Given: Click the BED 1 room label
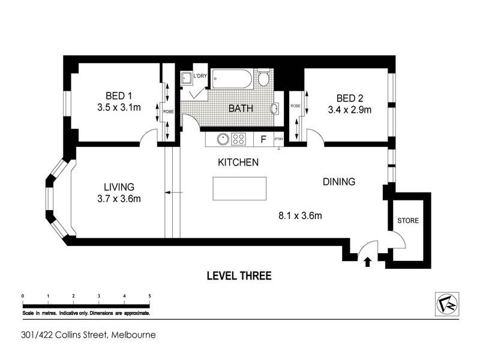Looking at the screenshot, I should coord(118,96).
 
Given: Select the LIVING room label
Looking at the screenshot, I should coord(118,187).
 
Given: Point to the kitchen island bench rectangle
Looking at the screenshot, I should coord(240,190).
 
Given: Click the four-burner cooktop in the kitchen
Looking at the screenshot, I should coord(239,139).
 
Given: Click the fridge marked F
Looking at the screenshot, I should coord(262,139).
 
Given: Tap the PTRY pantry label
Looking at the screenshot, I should coord(278,139).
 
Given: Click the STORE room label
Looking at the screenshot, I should coord(407,221).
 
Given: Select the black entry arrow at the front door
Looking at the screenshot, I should coord(368,260).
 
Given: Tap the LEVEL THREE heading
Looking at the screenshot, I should coord(239,276).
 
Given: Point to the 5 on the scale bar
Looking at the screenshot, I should coord(149,296).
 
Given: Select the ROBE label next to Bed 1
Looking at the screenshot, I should coord(169,112).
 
